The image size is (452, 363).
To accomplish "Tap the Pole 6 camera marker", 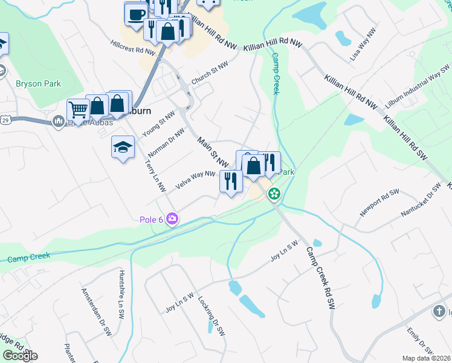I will tap(173, 218).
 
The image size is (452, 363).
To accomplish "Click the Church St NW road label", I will tap(210, 74).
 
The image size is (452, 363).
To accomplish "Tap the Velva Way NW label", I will tap(195, 180).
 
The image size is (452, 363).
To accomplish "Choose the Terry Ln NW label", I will tap(155, 176).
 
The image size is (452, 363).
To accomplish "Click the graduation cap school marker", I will tap(123, 147).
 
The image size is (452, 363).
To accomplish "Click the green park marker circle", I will tap(274, 194).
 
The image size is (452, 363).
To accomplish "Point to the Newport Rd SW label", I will tap(379, 203).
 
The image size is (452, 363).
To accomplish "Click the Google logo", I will tap(20, 356).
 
